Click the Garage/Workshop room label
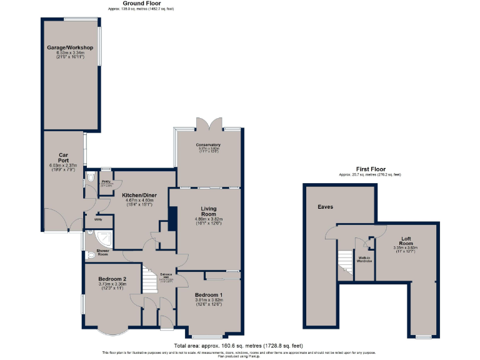tap(70, 47)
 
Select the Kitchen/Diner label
tap(139, 196)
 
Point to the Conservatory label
tap(209, 144)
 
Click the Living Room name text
tap(208, 211)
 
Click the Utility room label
tap(98, 219)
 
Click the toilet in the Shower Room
tap(91, 255)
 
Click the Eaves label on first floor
tap(325, 207)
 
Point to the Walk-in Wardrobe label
tap(364, 258)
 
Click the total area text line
tap(238, 346)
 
